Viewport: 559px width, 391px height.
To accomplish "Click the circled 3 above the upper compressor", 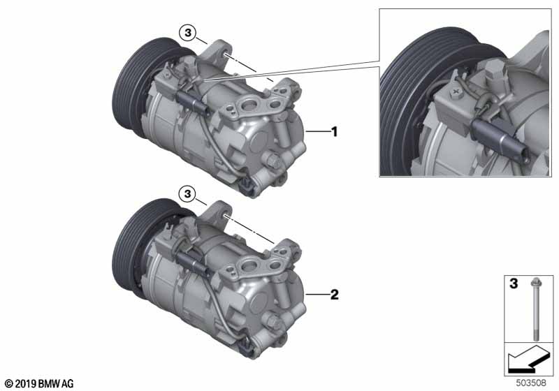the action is tap(188, 33).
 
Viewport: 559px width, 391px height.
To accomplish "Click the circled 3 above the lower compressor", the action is tap(188, 194).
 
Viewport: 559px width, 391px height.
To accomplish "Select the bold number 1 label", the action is tap(335, 132).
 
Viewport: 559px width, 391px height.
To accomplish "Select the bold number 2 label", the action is tap(335, 295).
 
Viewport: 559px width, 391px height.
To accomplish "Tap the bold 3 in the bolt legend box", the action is tap(514, 283).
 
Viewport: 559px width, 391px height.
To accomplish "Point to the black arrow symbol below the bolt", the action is tap(528, 360).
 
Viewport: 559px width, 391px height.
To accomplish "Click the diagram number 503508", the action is tap(531, 383).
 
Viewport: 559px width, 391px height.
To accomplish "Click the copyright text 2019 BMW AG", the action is tap(40, 384).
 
